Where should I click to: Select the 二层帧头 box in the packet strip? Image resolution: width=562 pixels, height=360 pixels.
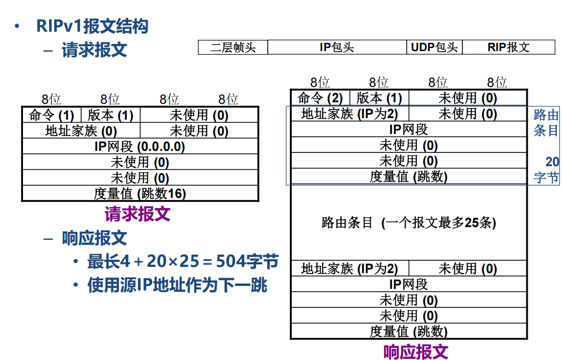[233, 48]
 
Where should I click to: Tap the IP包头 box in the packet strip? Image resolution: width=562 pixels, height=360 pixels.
[337, 48]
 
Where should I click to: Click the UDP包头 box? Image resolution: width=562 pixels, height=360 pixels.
[434, 48]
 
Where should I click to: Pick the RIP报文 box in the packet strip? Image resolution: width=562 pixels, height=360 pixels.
[508, 48]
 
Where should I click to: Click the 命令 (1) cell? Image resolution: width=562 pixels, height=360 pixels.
[52, 115]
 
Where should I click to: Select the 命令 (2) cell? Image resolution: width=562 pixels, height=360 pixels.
[320, 98]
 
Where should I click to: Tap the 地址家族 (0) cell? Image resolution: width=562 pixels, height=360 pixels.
[81, 131]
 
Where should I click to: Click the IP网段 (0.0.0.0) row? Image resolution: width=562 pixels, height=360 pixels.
[139, 147]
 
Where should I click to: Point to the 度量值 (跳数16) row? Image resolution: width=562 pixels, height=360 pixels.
[139, 194]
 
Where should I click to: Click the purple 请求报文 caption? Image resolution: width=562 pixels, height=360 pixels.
[137, 214]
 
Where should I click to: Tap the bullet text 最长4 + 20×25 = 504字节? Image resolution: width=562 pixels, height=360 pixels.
[183, 262]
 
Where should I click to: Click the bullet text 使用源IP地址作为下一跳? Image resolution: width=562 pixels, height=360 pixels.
[177, 285]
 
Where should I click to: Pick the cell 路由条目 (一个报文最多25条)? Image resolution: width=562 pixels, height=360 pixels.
[409, 223]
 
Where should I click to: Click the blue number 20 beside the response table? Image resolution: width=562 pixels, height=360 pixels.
[552, 162]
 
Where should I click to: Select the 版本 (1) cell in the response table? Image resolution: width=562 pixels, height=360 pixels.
[379, 98]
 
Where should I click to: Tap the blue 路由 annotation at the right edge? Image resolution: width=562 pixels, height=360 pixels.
[546, 115]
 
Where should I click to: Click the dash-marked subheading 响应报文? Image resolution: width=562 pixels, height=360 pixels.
[95, 238]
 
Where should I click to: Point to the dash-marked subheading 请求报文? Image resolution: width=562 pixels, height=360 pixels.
[95, 50]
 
